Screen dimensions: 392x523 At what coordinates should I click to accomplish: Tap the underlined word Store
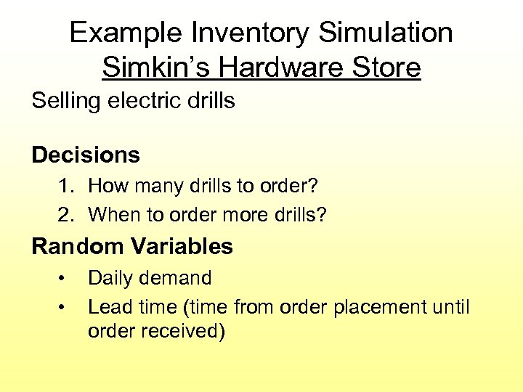coord(386,68)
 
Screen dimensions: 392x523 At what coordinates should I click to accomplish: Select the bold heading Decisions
coord(86,155)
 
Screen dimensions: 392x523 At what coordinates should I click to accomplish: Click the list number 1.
coord(67,187)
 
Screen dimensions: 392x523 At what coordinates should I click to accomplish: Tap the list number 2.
coord(67,216)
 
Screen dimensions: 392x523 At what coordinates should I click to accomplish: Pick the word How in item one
coord(104,187)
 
